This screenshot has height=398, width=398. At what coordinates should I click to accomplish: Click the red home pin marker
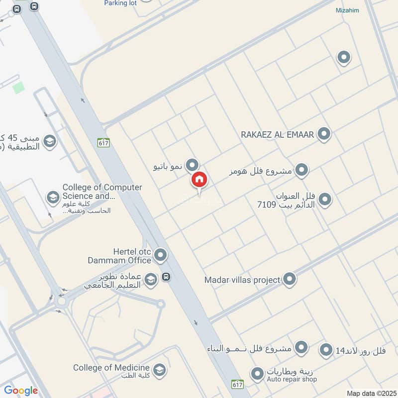pyautogui.click(x=199, y=180)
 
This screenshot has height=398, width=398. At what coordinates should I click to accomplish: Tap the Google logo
pyautogui.click(x=21, y=391)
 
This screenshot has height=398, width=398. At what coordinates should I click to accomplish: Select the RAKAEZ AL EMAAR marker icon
pyautogui.click(x=324, y=134)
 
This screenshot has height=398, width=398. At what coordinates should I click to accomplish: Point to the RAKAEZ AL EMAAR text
pyautogui.click(x=277, y=134)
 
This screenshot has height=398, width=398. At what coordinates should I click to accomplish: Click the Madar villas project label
pyautogui.click(x=242, y=280)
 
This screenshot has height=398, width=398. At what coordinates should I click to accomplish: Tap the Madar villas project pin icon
pyautogui.click(x=289, y=279)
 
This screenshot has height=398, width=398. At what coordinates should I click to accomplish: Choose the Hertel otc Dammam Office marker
pyautogui.click(x=160, y=256)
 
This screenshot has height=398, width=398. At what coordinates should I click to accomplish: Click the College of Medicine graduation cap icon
pyautogui.click(x=159, y=369)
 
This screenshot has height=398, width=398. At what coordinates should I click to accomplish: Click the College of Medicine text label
pyautogui.click(x=111, y=368)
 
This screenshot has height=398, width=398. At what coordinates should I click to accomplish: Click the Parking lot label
pyautogui.click(x=120, y=3)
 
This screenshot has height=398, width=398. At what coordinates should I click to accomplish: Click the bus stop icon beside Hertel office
pyautogui.click(x=166, y=277)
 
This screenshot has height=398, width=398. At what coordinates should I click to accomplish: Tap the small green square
pyautogui.click(x=18, y=88)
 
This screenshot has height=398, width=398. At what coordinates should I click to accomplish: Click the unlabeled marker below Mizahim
pyautogui.click(x=343, y=58)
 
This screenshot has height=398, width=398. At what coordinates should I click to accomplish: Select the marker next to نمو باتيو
pyautogui.click(x=192, y=165)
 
